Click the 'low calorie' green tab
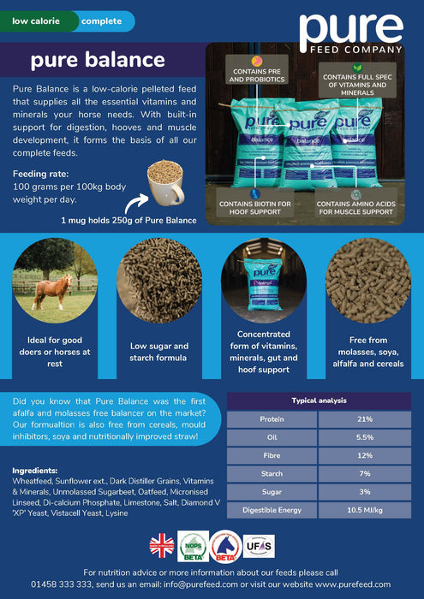pyautogui.click(x=34, y=21)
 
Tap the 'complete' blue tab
pyautogui.click(x=102, y=21)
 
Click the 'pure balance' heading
pyautogui.click(x=97, y=61)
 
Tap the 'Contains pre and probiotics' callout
pyautogui.click(x=254, y=74)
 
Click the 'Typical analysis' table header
pyautogui.click(x=319, y=400)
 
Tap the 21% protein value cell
pyautogui.click(x=363, y=419)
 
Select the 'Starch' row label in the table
pyautogui.click(x=272, y=472)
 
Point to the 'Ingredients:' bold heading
pyautogui.click(x=35, y=470)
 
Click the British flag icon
pyautogui.click(x=161, y=544)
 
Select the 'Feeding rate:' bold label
pyautogui.click(x=42, y=174)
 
